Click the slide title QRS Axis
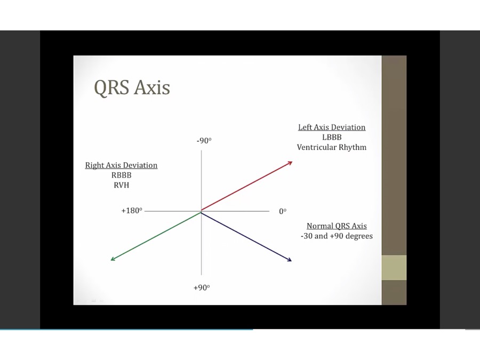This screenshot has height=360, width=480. [x=132, y=88]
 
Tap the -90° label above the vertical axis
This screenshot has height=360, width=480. [x=204, y=140]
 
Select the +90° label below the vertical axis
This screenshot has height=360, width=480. [x=202, y=287]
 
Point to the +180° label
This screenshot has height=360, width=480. [x=132, y=211]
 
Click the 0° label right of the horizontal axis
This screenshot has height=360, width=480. [x=283, y=211]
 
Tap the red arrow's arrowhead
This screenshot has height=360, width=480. [x=290, y=163]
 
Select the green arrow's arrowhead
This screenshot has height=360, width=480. [x=113, y=259]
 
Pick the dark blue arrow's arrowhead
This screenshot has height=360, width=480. [x=289, y=260]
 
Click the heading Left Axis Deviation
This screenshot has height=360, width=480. [x=332, y=127]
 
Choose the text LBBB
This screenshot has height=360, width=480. [x=332, y=137]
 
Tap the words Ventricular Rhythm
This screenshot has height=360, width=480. [x=332, y=147]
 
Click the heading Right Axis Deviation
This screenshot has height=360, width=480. [x=121, y=165]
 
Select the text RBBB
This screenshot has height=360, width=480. [x=121, y=175]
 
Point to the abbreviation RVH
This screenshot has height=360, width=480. [x=121, y=185]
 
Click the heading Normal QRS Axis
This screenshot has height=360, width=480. [x=337, y=226]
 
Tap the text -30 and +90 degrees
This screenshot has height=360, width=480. [x=337, y=236]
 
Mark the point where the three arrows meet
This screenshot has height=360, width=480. [x=201, y=212]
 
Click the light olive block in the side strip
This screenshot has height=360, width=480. [x=394, y=267]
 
